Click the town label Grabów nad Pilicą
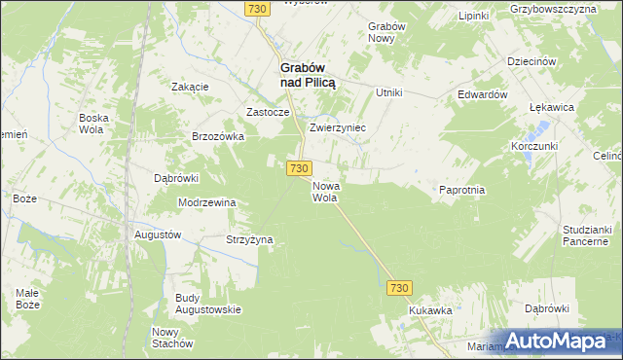coord(308,76)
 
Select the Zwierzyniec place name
coord(337,127)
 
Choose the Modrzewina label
coord(207,202)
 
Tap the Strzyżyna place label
coord(250,239)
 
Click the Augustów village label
coord(156,235)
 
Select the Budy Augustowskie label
coord(208,304)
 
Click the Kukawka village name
coord(430,310)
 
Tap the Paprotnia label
coord(461,191)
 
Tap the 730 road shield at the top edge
coord(257,9)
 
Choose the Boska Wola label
coord(93,124)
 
